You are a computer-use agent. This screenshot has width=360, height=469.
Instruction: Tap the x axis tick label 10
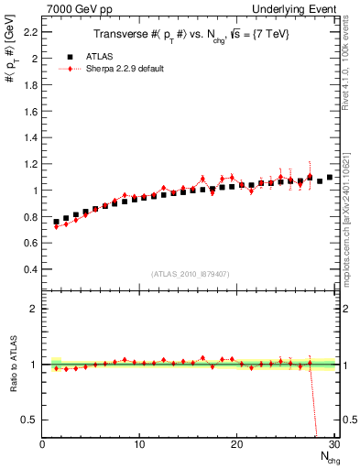(x=139, y=445)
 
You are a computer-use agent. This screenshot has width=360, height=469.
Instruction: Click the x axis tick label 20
(x=236, y=445)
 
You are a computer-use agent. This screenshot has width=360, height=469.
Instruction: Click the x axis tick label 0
(x=42, y=445)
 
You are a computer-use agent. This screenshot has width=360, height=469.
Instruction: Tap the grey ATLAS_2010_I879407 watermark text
(x=190, y=274)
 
